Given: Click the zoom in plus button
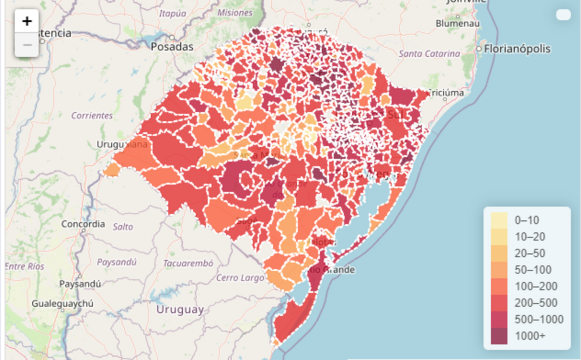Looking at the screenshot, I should tap(27, 22).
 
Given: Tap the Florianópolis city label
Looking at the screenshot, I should tap(516, 49).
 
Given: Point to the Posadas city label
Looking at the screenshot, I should tap(172, 47).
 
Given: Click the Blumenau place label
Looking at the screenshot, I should tap(457, 24).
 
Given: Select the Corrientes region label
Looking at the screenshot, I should tap(92, 115).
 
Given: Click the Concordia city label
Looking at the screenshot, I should tap(83, 224).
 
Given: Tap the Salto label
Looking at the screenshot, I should tap(123, 227).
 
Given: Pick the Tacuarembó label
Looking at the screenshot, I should tap(188, 263).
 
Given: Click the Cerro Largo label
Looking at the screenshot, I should tap(240, 278).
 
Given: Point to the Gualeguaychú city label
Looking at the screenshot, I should tap(62, 303).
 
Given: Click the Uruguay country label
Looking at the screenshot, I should tap(180, 310).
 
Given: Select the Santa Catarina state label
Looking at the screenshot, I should tap(430, 54).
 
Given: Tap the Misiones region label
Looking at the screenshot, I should tap(234, 12).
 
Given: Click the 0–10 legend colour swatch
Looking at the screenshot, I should tap(499, 220).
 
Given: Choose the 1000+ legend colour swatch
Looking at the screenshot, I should tap(499, 336).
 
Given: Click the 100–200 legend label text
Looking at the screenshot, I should tap(536, 286).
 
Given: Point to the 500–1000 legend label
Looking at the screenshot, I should tap(538, 319).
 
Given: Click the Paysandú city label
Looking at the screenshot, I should tap(80, 283).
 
